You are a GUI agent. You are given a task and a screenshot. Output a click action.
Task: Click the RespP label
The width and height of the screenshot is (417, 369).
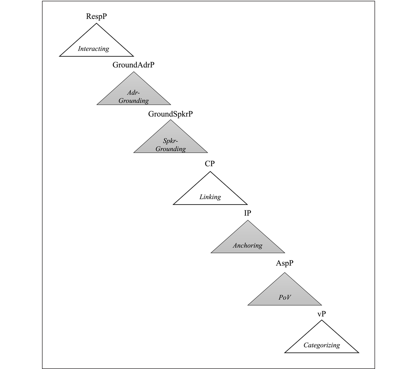[96, 16]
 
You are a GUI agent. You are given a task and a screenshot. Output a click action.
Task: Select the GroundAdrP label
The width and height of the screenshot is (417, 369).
[133, 65]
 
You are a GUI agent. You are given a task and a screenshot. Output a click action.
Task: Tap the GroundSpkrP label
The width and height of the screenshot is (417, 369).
[170, 114]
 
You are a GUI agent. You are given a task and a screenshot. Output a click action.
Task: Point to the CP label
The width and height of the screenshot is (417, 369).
[210, 163]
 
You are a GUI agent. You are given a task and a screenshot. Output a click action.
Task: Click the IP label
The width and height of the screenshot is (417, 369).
[247, 213]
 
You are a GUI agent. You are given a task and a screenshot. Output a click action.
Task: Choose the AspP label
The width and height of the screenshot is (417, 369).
[285, 263]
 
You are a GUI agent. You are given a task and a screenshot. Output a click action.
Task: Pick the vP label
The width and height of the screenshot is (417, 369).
[321, 314]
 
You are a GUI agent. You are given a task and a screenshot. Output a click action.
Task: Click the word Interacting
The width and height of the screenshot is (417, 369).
[93, 49]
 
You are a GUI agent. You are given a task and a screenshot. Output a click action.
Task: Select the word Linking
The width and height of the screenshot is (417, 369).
[210, 197]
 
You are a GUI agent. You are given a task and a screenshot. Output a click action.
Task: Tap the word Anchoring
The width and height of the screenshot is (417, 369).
[248, 246]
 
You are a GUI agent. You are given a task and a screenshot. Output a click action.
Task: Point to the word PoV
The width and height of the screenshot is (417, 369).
[285, 297]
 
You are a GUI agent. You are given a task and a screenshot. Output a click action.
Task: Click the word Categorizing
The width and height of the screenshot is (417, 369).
[322, 345]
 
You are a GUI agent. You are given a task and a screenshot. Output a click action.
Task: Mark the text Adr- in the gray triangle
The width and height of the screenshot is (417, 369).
[133, 93]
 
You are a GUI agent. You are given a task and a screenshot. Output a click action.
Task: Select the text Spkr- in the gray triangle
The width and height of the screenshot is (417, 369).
[170, 141]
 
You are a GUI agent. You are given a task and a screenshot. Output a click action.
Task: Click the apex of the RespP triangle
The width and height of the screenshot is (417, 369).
[96, 23]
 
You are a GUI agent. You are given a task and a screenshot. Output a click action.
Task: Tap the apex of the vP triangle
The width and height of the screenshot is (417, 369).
[322, 320]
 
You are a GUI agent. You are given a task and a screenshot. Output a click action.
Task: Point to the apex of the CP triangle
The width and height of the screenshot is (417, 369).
[210, 171]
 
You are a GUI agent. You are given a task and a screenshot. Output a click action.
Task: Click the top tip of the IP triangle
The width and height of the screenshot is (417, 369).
[248, 220]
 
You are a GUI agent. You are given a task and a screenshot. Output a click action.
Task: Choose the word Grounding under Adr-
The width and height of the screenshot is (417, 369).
[133, 101]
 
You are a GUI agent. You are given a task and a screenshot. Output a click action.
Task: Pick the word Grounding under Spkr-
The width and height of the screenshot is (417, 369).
[171, 149]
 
